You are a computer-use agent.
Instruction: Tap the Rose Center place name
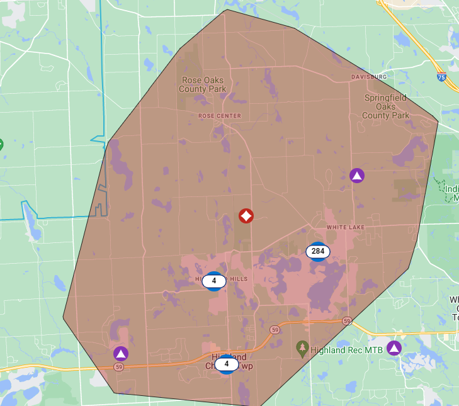pos(220,116)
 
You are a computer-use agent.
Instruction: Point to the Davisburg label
pos(369,77)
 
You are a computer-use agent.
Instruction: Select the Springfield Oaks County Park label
pos(386,106)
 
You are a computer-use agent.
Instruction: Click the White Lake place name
pos(345,227)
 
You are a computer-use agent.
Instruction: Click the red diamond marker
pos(246,216)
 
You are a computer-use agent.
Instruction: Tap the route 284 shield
pos(318,251)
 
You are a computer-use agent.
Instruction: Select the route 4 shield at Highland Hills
pos(214,281)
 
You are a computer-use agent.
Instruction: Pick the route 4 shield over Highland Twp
pos(227,364)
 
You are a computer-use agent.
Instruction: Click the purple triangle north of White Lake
pos(357,176)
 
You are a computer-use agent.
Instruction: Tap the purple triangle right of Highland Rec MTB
pos(394,347)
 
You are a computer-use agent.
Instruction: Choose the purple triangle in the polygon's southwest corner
pos(121,353)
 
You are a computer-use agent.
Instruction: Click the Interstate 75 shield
pos(442,77)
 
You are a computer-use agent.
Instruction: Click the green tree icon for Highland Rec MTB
pos(302,347)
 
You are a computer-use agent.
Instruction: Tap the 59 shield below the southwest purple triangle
pos(118,366)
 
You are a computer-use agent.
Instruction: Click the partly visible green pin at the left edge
pos(1,144)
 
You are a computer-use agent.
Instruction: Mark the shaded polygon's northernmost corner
pos(227,9)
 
